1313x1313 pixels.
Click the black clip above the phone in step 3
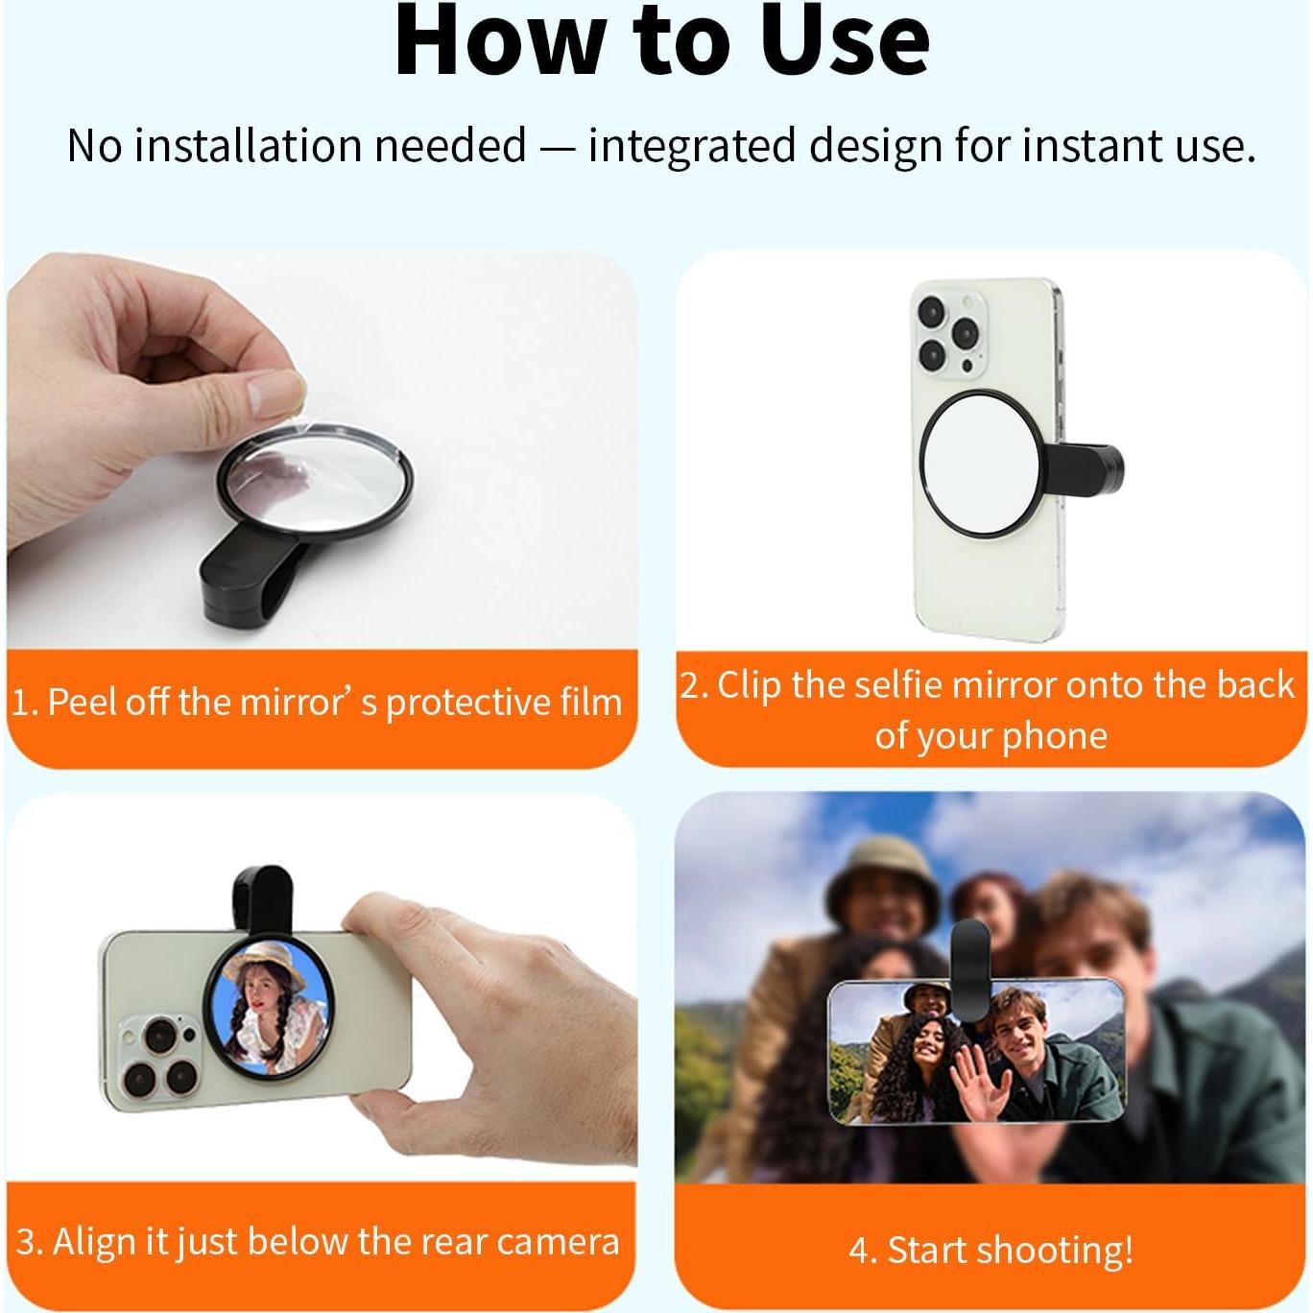pyautogui.click(x=261, y=898)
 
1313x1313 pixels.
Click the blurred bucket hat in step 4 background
pyautogui.click(x=881, y=869)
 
